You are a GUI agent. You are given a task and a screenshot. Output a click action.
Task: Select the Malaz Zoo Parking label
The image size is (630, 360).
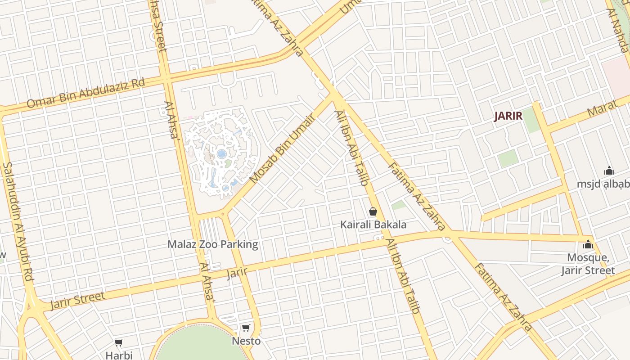(213, 244)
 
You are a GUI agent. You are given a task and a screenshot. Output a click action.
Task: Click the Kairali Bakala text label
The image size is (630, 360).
(373, 225)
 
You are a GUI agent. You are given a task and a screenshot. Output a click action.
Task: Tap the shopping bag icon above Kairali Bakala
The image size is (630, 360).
(373, 211)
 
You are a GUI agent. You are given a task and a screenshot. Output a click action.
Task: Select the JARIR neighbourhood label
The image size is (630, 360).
(508, 116)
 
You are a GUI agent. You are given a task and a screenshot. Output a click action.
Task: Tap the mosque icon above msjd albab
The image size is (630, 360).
(609, 171)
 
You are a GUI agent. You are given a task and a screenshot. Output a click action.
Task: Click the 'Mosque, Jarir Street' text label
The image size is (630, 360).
(588, 264)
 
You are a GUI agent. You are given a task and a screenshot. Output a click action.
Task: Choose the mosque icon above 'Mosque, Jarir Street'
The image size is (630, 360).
(588, 245)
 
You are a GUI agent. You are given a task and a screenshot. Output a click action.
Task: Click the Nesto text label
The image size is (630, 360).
(246, 341)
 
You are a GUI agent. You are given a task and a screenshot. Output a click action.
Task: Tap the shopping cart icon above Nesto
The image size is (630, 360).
(246, 328)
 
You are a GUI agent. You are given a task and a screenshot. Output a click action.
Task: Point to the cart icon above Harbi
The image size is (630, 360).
(119, 343)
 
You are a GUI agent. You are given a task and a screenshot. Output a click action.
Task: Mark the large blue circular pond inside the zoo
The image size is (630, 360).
(222, 154)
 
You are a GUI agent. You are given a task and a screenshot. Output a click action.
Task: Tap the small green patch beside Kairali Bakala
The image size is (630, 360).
(398, 206)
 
